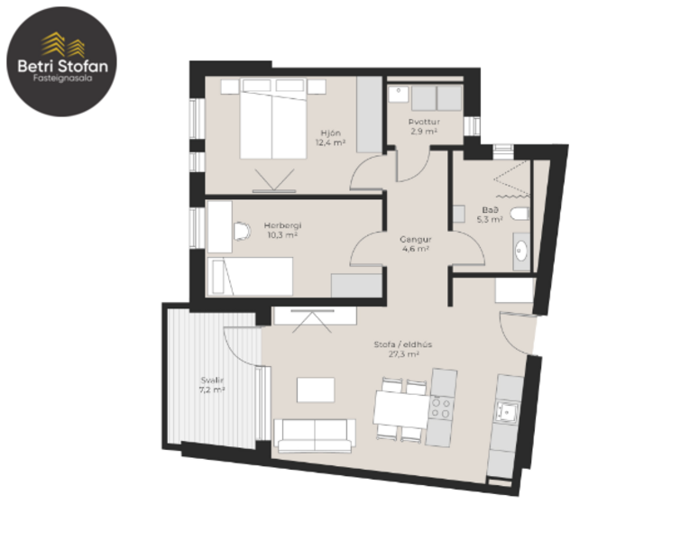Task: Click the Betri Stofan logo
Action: (x=61, y=60)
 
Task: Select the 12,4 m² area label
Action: (x=331, y=142)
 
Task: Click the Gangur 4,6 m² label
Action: (x=416, y=244)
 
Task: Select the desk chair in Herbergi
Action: (x=240, y=232)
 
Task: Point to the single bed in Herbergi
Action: (x=250, y=275)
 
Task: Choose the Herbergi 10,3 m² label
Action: (x=282, y=230)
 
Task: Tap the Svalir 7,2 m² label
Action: (x=212, y=386)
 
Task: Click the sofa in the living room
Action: (x=315, y=435)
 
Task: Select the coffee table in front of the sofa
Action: (x=316, y=389)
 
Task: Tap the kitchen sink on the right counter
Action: (x=508, y=411)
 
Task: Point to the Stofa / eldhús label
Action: (x=397, y=349)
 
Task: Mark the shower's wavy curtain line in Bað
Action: (x=510, y=193)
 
